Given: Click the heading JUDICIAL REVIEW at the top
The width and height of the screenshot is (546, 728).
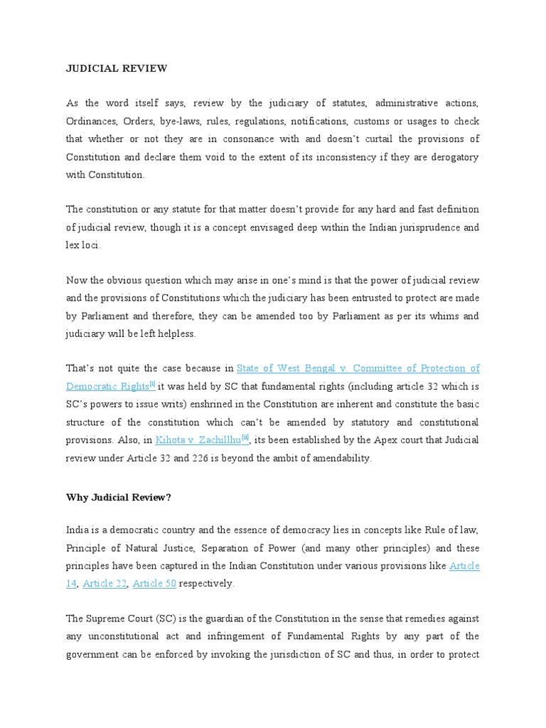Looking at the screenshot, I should coord(117,69).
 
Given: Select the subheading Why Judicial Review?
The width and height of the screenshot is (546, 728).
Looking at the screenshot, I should coord(119,497).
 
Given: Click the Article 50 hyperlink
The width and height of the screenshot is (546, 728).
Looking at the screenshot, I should coord(154,584).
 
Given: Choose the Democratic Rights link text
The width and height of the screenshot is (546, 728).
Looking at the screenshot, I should coord(107,387).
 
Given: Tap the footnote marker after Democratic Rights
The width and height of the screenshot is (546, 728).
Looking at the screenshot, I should coord(152,385).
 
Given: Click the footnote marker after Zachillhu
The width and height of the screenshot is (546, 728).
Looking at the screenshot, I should coord(245,439).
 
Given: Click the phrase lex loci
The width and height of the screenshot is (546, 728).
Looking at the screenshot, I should coord(84,245).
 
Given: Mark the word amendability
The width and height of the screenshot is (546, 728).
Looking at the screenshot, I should coord(336,459).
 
